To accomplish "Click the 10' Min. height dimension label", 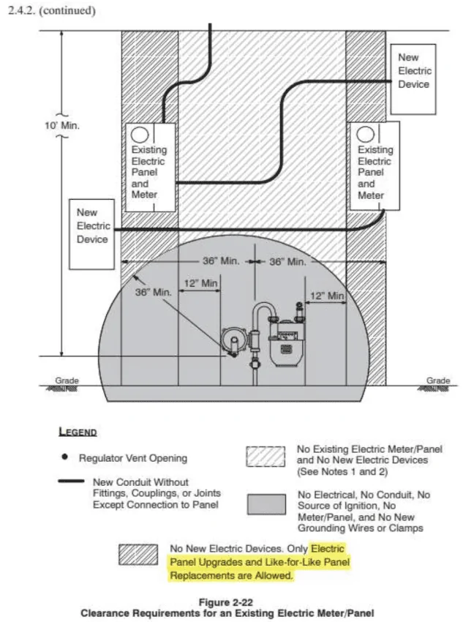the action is tap(62, 125).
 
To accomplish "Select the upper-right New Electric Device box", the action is tap(413, 79).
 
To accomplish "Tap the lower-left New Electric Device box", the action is tap(91, 234).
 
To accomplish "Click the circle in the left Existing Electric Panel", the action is tap(140, 135).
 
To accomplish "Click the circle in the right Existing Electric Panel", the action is tap(365, 134).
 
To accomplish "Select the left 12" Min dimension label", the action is tap(200, 283).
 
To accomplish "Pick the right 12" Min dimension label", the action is tap(327, 296).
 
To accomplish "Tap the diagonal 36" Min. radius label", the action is tap(154, 293).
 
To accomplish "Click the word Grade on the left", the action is tap(67, 381).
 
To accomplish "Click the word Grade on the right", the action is tap(438, 381).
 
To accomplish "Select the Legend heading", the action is tap(78, 432).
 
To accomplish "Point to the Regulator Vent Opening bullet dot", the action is tap(64, 457).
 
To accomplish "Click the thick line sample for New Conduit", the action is tap(72, 482).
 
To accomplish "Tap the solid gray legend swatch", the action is tap(266, 504).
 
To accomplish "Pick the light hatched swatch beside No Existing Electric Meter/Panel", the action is tap(266, 457).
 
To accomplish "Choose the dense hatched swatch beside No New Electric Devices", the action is tap(138, 555).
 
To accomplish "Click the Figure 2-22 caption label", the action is tap(225, 602).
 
